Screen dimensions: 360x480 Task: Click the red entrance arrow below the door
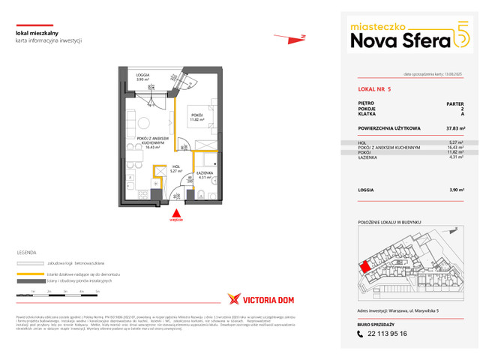pos(175,212)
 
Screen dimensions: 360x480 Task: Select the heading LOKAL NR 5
pos(375,88)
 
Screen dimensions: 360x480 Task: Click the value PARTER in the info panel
pos(454,103)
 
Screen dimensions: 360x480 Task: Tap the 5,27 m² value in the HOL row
pos(454,142)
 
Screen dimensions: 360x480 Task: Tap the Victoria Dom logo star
pos(233,298)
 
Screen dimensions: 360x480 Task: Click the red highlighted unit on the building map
pos(364,267)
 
